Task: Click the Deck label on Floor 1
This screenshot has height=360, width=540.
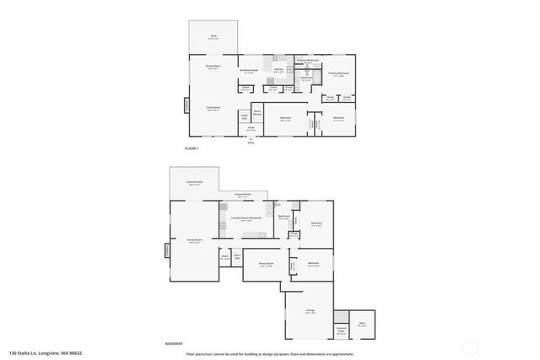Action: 213,37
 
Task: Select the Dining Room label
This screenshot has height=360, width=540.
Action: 213,66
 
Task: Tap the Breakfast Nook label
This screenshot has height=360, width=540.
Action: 249,71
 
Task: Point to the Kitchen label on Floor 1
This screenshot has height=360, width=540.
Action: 278,71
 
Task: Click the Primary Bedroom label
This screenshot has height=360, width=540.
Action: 338,73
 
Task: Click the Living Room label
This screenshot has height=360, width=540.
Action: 213,108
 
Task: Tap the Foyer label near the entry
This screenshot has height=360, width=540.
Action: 251,128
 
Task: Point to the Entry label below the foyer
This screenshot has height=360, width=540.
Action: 251,142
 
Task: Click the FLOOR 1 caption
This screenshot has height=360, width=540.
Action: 191,148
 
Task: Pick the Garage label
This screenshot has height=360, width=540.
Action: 310,311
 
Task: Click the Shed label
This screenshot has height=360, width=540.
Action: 361,323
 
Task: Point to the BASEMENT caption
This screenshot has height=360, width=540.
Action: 174,344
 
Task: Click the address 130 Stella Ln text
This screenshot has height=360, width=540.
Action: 46,353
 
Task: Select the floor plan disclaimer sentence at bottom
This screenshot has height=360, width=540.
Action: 270,353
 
